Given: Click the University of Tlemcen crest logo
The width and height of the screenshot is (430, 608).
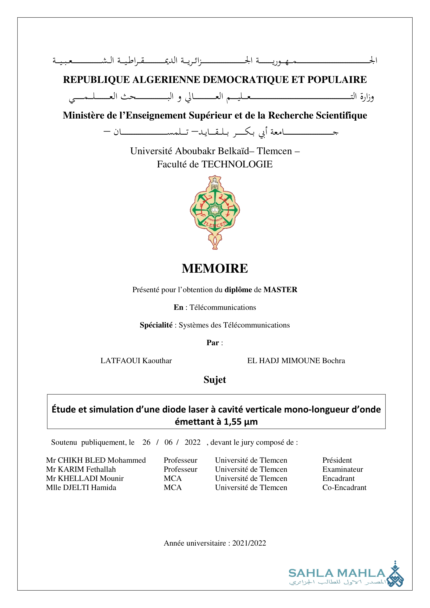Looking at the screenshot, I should (215, 212).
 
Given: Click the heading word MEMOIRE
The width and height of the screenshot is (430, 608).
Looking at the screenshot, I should (215, 268).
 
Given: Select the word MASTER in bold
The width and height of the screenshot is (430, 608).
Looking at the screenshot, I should (280, 290).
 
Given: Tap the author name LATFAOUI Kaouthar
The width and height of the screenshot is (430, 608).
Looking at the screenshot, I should (136, 361).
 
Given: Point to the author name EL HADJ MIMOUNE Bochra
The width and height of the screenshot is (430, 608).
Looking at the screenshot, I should (296, 361).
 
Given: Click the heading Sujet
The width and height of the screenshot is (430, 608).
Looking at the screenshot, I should (215, 380).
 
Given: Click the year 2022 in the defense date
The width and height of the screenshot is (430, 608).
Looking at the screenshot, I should (192, 442).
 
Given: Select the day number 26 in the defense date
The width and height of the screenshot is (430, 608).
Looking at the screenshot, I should (146, 442).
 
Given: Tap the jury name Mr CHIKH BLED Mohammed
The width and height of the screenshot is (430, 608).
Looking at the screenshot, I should (96, 460).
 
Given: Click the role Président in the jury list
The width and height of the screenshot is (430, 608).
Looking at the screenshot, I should (337, 460).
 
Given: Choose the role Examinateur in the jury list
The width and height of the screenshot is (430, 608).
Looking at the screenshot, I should (343, 469).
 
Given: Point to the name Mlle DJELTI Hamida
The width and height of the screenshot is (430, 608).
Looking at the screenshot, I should (81, 487).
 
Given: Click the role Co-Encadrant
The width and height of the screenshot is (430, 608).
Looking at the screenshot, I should (344, 487).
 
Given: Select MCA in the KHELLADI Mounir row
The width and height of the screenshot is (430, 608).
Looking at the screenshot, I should (173, 479).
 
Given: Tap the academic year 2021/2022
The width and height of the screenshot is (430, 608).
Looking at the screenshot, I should (249, 543).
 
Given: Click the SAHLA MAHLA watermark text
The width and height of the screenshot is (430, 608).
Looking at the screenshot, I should (337, 573).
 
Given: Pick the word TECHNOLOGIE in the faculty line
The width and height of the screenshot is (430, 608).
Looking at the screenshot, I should (237, 164).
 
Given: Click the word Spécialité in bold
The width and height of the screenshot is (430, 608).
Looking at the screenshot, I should (156, 325).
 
